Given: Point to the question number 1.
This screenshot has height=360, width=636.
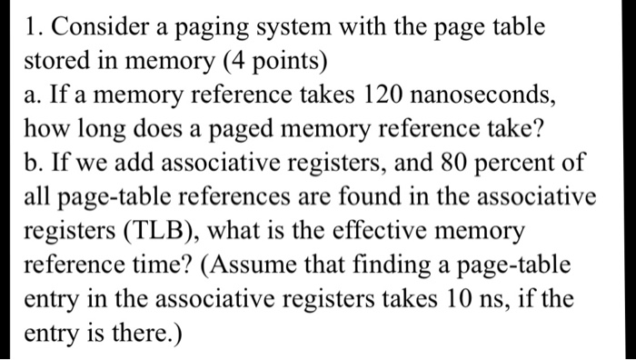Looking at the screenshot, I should coord(35,27).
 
